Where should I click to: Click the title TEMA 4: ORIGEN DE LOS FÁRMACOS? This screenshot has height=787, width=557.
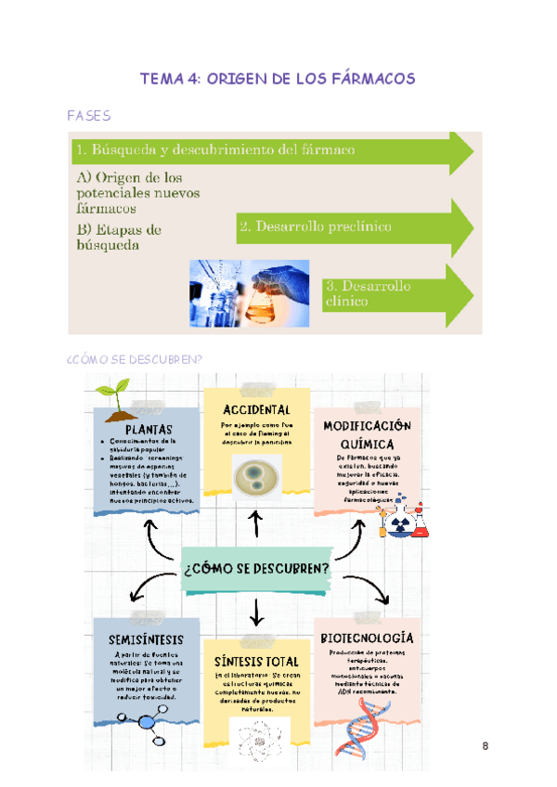277,80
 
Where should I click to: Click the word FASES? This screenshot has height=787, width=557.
89,116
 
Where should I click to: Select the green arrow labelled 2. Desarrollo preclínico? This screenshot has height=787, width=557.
353,226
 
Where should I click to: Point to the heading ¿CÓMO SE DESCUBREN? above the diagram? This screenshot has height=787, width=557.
135,360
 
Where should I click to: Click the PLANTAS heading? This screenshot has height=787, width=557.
148,429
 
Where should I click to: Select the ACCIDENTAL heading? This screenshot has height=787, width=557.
257,409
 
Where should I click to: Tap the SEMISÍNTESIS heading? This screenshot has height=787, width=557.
146,639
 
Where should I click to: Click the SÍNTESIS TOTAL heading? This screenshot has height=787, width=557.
256,662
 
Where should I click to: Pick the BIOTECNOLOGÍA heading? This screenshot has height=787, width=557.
367,639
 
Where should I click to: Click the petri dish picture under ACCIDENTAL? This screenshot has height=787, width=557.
255,477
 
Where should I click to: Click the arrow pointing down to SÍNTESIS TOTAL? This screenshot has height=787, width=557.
257,613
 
